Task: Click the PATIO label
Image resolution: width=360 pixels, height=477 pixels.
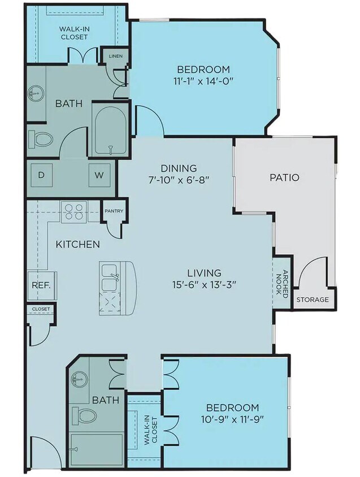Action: [284, 177]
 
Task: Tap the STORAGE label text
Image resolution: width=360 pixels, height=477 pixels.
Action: [313, 300]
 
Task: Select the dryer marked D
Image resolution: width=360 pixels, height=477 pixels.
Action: [41, 175]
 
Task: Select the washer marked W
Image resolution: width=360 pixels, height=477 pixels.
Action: [99, 175]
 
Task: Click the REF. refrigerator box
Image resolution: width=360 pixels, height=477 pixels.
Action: [41, 285]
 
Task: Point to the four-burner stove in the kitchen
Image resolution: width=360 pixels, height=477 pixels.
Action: [73, 211]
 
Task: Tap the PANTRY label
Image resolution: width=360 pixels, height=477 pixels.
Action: [113, 211]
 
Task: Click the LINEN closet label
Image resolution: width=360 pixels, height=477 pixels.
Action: [115, 57]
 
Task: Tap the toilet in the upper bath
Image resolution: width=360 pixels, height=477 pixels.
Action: [41, 138]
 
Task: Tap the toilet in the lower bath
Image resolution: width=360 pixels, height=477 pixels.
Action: [86, 416]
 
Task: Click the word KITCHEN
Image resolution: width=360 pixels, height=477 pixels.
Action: [78, 245]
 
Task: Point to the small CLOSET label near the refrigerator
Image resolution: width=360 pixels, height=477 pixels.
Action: [41, 309]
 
